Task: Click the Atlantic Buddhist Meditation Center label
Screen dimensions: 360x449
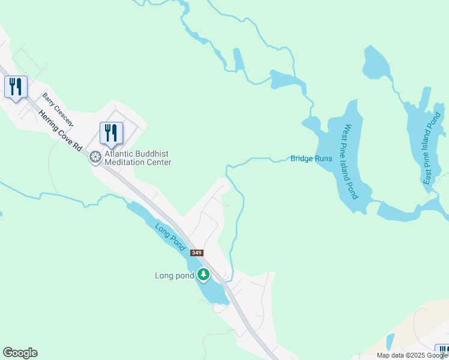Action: tap(137, 158)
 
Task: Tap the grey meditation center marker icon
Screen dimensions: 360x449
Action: tap(94, 157)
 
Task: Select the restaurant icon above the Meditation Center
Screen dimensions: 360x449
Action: tap(110, 133)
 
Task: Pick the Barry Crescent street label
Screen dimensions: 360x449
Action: tap(58, 109)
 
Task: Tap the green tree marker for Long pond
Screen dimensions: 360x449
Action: tap(203, 275)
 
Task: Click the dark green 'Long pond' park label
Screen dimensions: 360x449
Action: tap(174, 275)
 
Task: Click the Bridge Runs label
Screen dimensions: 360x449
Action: tap(311, 158)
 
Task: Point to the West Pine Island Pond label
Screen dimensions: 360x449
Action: tap(350, 161)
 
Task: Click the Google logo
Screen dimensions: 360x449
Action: tap(20, 353)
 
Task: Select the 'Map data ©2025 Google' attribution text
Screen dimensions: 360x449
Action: tap(412, 355)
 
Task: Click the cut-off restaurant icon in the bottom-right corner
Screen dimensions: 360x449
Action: tap(443, 351)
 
